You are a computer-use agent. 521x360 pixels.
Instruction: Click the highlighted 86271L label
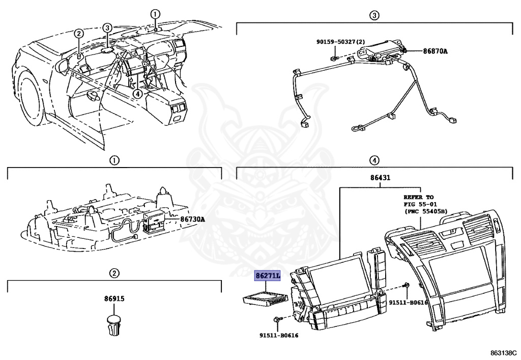268,276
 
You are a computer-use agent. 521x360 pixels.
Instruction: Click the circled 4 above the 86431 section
373,160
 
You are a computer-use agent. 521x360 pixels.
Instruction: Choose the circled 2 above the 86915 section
114,273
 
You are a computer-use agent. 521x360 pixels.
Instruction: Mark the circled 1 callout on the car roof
156,14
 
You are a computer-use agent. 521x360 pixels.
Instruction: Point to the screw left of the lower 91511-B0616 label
276,319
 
